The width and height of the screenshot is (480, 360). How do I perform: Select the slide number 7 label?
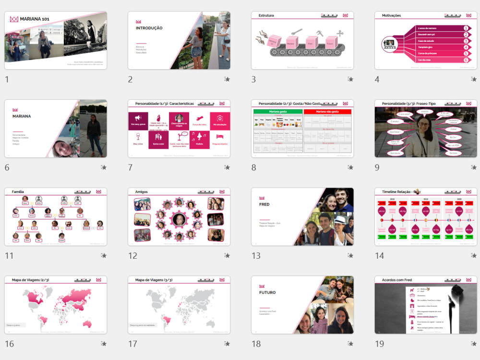[x=131, y=168]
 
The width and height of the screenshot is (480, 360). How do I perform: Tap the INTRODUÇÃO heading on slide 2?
[x=149, y=28]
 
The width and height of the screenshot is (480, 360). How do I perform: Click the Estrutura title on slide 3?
[x=266, y=15]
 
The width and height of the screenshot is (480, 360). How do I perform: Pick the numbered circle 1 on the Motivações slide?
[x=466, y=28]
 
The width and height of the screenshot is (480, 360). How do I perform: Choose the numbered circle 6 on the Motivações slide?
[x=466, y=60]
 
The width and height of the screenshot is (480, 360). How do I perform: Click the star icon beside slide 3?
[x=350, y=79]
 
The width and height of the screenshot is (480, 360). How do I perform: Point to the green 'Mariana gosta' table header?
[x=278, y=111]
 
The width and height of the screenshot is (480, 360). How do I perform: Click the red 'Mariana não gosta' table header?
[x=327, y=111]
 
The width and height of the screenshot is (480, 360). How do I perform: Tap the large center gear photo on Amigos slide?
[x=179, y=220]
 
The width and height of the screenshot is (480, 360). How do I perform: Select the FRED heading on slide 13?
[x=264, y=204]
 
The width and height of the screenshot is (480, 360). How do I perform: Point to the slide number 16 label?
[x=9, y=344]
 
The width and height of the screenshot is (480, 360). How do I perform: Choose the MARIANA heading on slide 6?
[x=22, y=116]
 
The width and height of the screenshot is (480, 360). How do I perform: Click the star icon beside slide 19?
[x=473, y=344]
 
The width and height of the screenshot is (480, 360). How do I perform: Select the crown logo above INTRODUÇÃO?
[x=139, y=22]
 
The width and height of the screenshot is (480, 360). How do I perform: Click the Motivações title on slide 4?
[x=391, y=15]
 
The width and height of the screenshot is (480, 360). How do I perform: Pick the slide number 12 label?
[x=132, y=255]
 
